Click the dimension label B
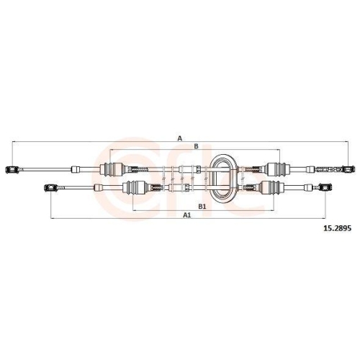(x=194, y=146)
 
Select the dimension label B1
(x=202, y=205)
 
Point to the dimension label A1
(x=186, y=215)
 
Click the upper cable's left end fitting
(x=11, y=169)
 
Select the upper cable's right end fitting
(x=348, y=169)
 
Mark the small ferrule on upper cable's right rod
(x=320, y=170)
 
